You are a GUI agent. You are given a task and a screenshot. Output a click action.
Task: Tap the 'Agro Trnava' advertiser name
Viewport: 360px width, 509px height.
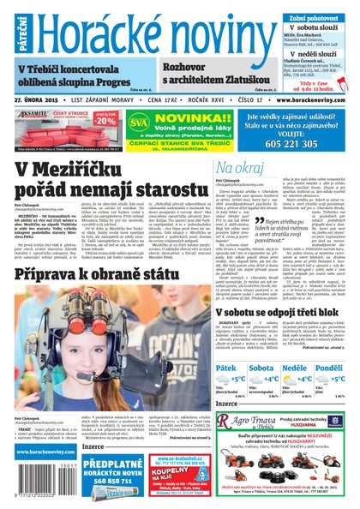[x=249, y=422]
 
